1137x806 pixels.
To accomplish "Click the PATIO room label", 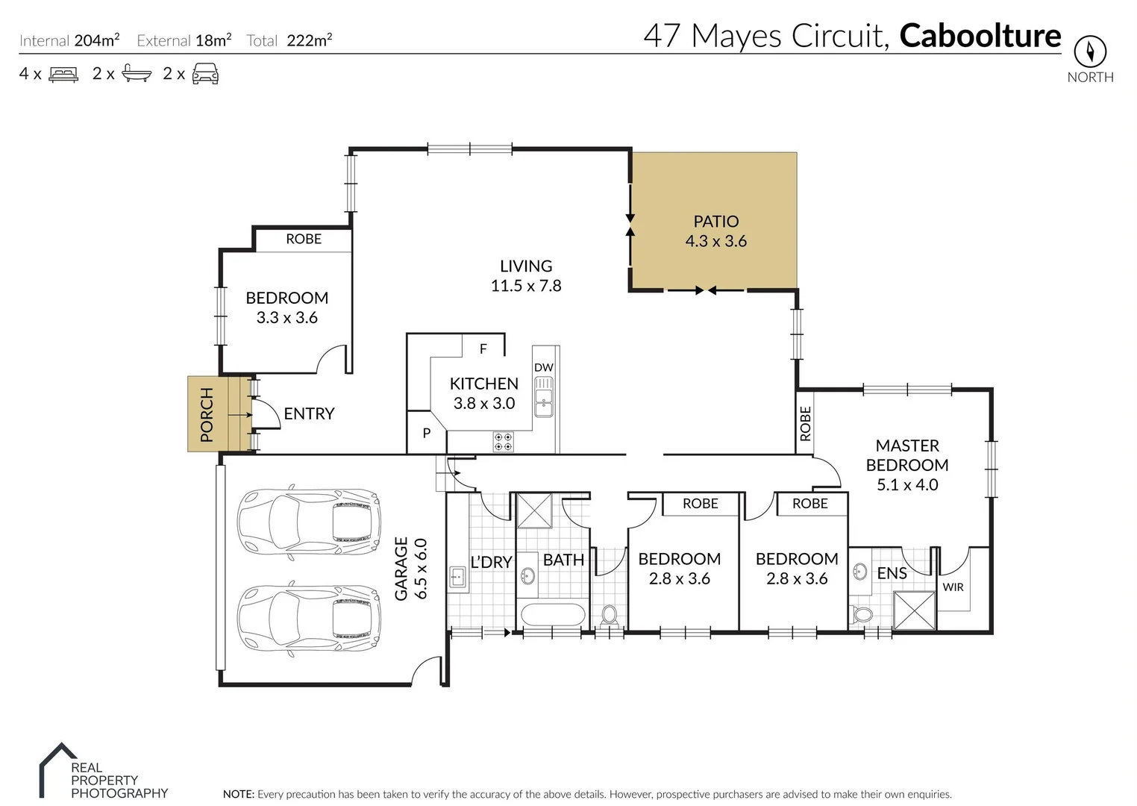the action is pyautogui.click(x=716, y=222).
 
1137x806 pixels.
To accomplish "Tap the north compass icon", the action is pyautogui.click(x=1090, y=51).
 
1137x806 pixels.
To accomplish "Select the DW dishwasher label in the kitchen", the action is pyautogui.click(x=544, y=367).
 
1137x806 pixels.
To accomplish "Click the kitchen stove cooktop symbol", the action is pyautogui.click(x=503, y=442).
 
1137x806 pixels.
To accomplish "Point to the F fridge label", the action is pyautogui.click(x=483, y=349).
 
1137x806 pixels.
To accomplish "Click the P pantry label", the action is pyautogui.click(x=427, y=433).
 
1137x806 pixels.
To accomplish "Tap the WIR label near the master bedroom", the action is pyautogui.click(x=953, y=587).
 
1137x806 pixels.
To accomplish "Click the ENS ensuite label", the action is pyautogui.click(x=892, y=573).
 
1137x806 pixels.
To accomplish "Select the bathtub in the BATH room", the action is pyautogui.click(x=553, y=614).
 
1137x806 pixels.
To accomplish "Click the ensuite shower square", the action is pyautogui.click(x=914, y=610).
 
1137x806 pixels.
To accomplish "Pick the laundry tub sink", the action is pyautogui.click(x=457, y=578).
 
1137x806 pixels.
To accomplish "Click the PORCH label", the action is pyautogui.click(x=207, y=414).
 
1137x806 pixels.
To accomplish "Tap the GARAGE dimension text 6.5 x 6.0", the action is pyautogui.click(x=421, y=569).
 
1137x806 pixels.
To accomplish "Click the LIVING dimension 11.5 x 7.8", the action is pyautogui.click(x=526, y=286).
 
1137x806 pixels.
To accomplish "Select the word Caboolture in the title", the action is pyautogui.click(x=980, y=36).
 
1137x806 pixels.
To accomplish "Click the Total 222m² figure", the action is pyautogui.click(x=309, y=40).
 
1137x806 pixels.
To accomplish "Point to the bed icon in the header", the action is pyautogui.click(x=63, y=74).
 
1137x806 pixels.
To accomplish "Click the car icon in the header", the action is pyautogui.click(x=206, y=74).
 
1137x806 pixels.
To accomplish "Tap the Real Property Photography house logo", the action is pyautogui.click(x=58, y=769).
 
